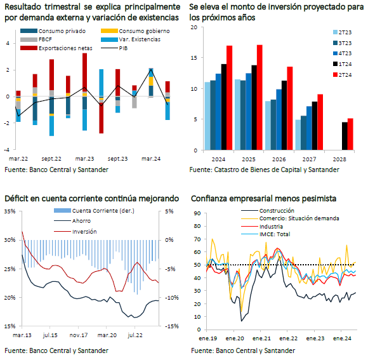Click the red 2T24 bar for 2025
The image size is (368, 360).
[x=260, y=97]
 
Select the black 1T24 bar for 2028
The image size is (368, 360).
[x=345, y=136]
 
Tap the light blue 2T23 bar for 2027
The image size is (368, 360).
[x=298, y=135]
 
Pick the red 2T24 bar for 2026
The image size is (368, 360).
[x=290, y=109]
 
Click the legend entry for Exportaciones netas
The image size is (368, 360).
[x=56, y=48]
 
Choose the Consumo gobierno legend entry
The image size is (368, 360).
[x=135, y=31]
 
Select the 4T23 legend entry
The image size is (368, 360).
[x=342, y=53]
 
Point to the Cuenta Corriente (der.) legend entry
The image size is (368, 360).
[x=94, y=211]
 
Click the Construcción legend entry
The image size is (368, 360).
[x=268, y=210]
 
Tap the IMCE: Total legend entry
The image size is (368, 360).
[x=266, y=234]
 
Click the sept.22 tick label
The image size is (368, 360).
[x=51, y=159]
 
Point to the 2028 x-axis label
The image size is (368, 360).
[x=339, y=159]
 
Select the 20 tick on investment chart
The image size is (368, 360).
[x=194, y=27]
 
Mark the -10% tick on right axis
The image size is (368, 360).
[x=171, y=298]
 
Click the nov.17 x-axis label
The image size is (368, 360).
[x=79, y=335]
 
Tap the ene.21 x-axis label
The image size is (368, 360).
[x=261, y=338]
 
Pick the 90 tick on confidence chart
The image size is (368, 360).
[x=197, y=213]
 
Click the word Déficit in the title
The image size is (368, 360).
[x=16, y=199]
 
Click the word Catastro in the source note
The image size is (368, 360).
[x=225, y=170]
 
